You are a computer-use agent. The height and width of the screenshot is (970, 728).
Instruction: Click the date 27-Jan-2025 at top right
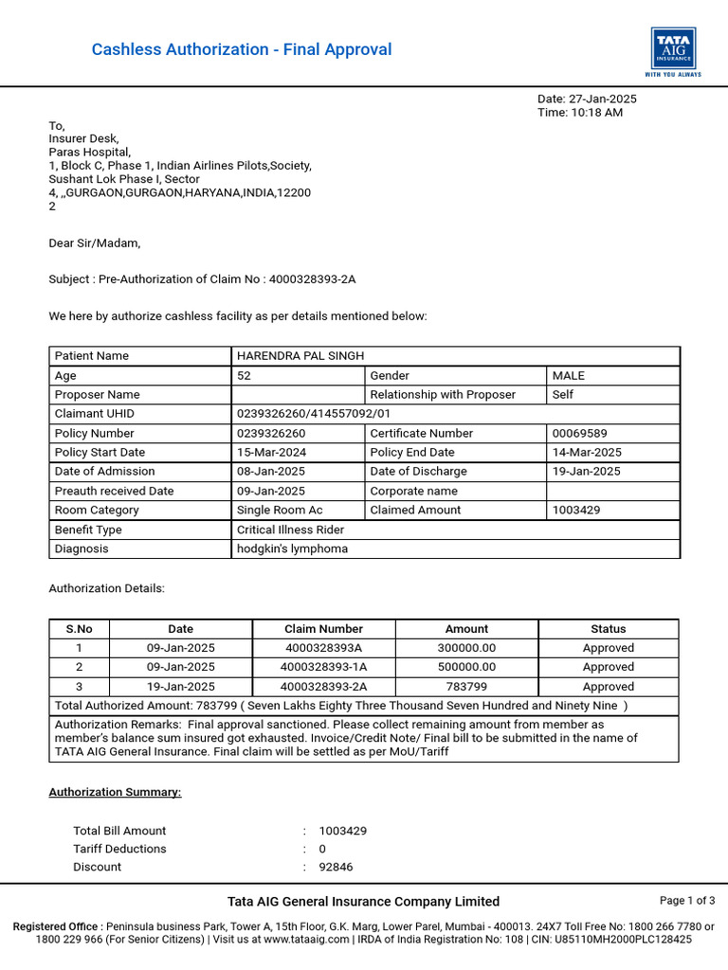tap(604, 99)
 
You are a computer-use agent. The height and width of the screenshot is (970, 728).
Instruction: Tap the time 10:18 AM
tap(597, 113)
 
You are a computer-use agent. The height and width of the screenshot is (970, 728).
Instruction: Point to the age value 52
tap(244, 375)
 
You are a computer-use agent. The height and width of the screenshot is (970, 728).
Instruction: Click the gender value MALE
tap(569, 375)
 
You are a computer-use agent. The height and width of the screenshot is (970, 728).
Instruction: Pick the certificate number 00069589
tap(580, 433)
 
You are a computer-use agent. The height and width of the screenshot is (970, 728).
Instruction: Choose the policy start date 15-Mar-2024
tap(271, 452)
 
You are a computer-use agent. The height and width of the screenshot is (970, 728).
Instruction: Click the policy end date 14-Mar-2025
tap(587, 452)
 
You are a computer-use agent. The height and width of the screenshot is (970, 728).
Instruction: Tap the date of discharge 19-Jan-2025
tap(587, 471)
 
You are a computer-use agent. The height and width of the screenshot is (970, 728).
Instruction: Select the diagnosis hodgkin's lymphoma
tap(292, 548)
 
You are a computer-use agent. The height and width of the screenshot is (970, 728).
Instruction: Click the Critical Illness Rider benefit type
tap(290, 530)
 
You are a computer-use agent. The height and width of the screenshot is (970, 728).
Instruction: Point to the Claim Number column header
tap(323, 629)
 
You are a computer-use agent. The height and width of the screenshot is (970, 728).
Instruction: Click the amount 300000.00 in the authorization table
tap(466, 648)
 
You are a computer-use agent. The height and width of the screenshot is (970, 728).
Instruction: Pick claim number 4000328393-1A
tap(323, 667)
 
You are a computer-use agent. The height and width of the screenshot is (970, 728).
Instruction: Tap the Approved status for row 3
tap(609, 687)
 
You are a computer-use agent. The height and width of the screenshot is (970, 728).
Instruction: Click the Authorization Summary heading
tap(115, 792)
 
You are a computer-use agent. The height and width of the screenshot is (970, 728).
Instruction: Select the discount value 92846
tap(336, 867)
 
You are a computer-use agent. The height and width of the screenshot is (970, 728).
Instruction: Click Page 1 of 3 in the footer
tap(687, 901)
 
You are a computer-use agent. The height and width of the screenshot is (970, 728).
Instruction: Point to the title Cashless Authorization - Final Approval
tap(242, 49)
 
